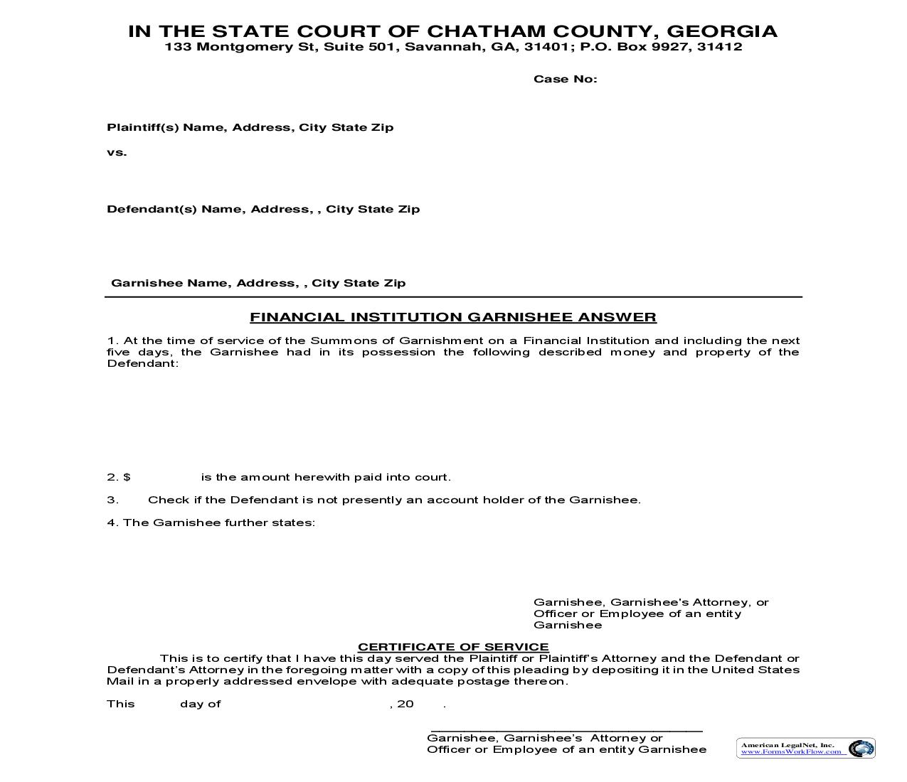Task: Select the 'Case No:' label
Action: click(x=566, y=79)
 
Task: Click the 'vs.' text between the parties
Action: click(x=117, y=152)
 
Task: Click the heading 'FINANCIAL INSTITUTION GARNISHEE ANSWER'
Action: click(x=453, y=317)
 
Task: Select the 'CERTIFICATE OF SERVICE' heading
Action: click(x=453, y=647)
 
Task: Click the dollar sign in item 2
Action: click(x=127, y=478)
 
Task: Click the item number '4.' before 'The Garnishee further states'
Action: click(x=112, y=523)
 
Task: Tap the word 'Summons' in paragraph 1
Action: click(x=336, y=341)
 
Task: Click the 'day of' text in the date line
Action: click(x=201, y=704)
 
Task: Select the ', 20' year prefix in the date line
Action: click(x=403, y=704)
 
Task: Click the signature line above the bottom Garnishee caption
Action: click(x=566, y=730)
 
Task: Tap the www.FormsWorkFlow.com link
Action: click(x=791, y=751)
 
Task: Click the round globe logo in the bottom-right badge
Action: click(x=861, y=749)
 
